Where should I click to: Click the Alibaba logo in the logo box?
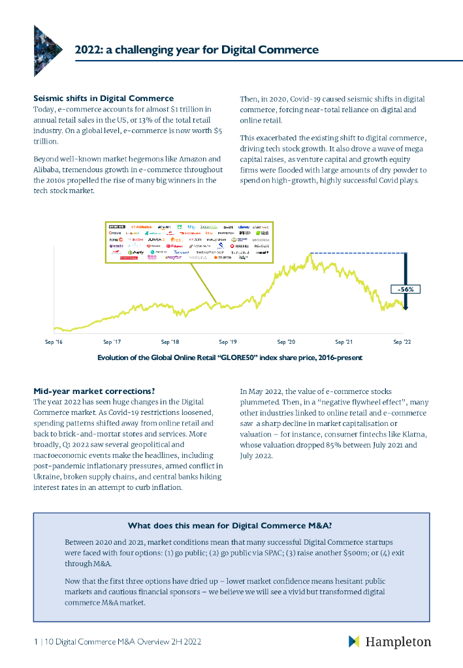tap(142, 226)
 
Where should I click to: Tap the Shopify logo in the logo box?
tap(136, 252)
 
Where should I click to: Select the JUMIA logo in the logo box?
tap(148, 239)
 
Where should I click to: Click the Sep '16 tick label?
tap(54, 341)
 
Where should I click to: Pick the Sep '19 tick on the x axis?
tap(228, 341)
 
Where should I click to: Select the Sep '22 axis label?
tap(401, 341)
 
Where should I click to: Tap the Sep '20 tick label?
tap(286, 341)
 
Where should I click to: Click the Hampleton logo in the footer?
tap(390, 642)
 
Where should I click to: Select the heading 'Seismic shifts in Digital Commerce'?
tap(103, 98)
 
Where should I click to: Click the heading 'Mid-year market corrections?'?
tap(94, 391)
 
